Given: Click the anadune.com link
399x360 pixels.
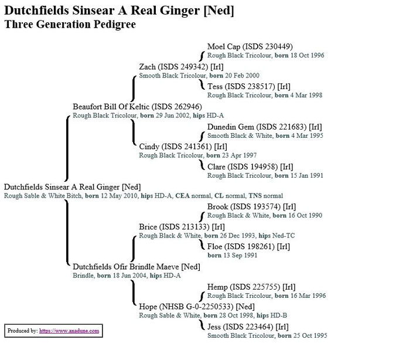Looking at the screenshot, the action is pyautogui.click(x=69, y=331).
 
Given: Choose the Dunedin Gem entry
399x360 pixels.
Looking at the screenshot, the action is pyautogui.click(x=264, y=127).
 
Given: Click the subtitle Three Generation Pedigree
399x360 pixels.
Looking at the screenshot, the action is pyautogui.click(x=70, y=25).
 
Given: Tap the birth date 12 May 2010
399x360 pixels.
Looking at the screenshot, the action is pyautogui.click(x=119, y=196).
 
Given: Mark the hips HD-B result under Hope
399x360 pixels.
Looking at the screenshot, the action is pyautogui.click(x=272, y=315).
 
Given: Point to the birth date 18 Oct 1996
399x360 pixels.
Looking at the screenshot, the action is pyautogui.click(x=307, y=55).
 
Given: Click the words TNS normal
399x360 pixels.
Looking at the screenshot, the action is pyautogui.click(x=265, y=196).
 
